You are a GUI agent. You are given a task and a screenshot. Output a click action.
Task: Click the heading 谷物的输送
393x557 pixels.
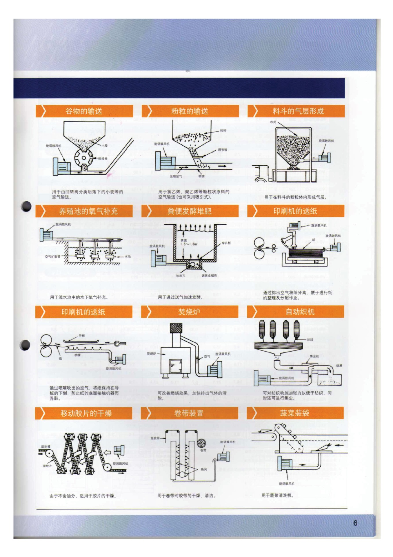click(x=84, y=111)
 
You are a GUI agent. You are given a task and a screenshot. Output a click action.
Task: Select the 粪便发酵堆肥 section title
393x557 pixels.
click(x=190, y=211)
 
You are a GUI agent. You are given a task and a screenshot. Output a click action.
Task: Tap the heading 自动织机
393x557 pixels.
click(x=300, y=312)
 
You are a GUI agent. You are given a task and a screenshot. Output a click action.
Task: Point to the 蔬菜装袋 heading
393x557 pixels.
click(x=294, y=413)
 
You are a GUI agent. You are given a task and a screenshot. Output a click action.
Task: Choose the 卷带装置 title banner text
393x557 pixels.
click(x=189, y=413)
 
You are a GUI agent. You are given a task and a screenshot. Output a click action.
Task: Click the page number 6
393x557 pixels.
click(x=355, y=523)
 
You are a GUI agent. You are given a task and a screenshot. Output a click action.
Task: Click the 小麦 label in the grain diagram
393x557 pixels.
click(x=104, y=146)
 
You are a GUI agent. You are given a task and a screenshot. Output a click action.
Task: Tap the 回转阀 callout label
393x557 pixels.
click(x=103, y=158)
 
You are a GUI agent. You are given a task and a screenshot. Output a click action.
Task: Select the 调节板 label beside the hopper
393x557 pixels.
click(x=222, y=150)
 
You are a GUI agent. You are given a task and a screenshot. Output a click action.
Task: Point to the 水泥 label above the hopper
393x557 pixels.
click(x=273, y=122)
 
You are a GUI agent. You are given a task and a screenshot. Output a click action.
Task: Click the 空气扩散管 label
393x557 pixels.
click(x=52, y=256)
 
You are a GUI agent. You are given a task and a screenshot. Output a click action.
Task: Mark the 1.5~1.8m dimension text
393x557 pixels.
click(x=188, y=244)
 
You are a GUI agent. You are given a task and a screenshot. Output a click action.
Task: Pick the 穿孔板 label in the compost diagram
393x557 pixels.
click(x=226, y=243)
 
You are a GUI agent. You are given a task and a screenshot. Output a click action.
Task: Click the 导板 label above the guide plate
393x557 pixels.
click(x=82, y=335)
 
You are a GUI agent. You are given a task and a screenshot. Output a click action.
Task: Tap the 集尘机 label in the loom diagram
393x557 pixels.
click(x=314, y=356)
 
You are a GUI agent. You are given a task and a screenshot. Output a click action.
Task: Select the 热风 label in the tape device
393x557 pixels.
click(x=204, y=469)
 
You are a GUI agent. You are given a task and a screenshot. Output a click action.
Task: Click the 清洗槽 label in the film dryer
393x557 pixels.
click(x=46, y=447)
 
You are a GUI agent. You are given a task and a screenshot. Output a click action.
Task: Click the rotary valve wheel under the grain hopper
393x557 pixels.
click(x=83, y=158)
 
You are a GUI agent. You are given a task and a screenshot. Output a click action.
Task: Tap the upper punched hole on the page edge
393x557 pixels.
click(x=26, y=206)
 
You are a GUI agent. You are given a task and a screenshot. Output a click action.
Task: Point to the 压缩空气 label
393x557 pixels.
click(x=176, y=176)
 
